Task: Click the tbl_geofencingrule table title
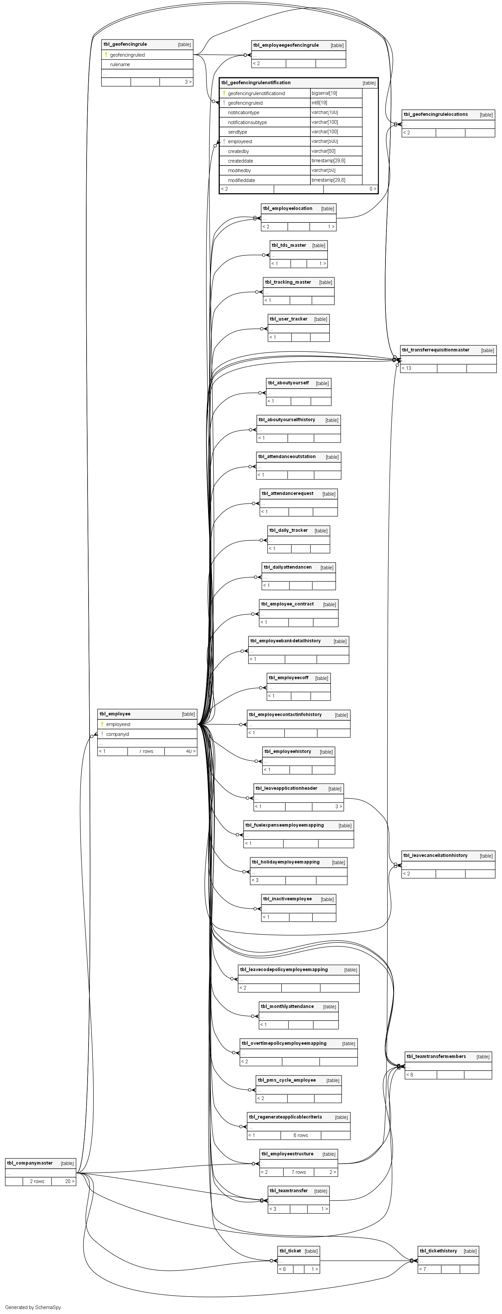(125, 44)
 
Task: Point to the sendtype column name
(237, 132)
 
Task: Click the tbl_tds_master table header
(289, 245)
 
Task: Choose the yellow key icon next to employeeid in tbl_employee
(102, 724)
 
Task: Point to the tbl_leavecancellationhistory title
(435, 855)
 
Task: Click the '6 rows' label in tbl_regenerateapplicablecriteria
(301, 1135)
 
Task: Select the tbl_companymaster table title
(30, 1163)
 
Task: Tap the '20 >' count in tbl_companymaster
(69, 1181)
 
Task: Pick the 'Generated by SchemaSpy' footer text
(33, 1307)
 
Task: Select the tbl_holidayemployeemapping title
(286, 862)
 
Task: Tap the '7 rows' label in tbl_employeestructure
(299, 1172)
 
